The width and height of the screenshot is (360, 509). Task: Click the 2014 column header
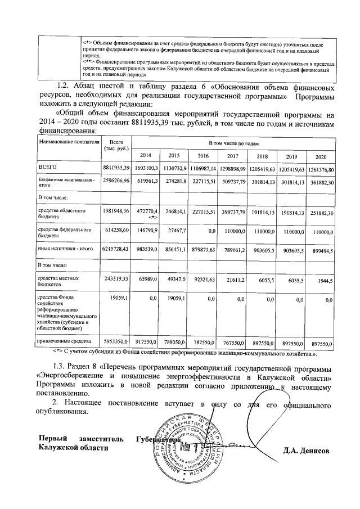point(146,155)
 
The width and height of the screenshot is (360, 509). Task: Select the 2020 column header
point(321,155)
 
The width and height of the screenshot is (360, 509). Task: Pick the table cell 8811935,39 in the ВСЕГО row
point(116,168)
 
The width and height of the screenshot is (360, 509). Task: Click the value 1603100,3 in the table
point(146,168)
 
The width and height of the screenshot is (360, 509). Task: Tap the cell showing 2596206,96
point(116,182)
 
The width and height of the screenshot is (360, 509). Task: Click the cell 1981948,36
point(116,211)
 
